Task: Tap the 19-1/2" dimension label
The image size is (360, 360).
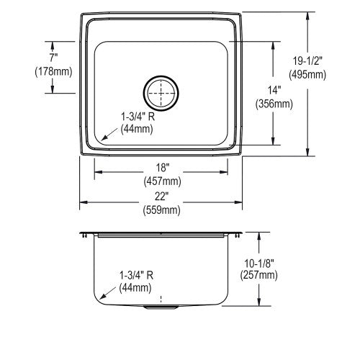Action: (307, 61)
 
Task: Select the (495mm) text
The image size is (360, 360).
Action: (307, 75)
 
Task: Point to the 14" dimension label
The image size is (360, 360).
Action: (274, 91)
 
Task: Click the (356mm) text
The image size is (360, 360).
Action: (274, 104)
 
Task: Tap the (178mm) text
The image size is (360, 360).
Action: (53, 71)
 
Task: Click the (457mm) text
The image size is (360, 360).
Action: (162, 181)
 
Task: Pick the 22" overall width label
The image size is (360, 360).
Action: (161, 197)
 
